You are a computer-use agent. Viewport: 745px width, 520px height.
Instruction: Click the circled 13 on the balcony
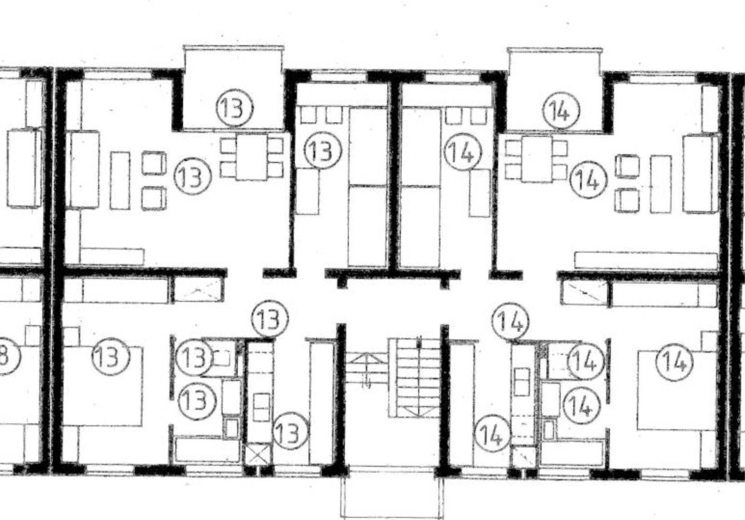point(234,109)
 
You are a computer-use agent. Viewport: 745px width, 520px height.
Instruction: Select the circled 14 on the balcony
point(562,111)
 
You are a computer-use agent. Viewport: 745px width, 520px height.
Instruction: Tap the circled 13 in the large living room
point(193,176)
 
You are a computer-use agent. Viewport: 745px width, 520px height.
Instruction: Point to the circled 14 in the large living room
point(588,180)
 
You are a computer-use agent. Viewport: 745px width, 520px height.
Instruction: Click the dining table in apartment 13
point(251,157)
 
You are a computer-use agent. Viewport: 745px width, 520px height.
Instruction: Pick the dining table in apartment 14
point(537,159)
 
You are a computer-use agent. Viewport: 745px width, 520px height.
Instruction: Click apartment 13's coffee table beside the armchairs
point(120,180)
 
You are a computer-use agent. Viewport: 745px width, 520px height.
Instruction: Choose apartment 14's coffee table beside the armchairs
point(661,183)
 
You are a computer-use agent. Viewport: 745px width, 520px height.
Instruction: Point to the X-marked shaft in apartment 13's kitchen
point(257,455)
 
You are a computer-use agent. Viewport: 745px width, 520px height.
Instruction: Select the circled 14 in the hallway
point(511,322)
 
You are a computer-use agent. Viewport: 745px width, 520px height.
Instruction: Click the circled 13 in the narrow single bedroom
point(322,151)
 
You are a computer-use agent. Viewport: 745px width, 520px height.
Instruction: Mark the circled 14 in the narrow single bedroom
point(462,152)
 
